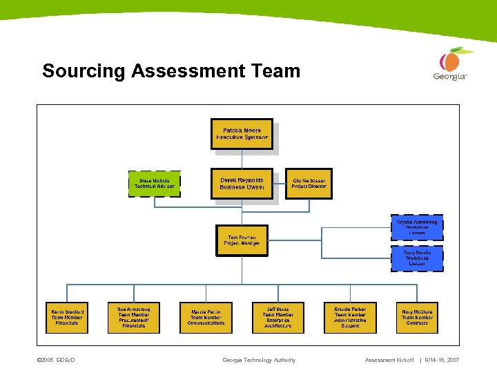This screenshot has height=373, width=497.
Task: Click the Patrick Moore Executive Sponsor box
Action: coord(242,133)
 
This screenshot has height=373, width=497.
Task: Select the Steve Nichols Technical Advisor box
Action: coord(155,183)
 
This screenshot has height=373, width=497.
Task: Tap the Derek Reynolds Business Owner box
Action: coord(242,183)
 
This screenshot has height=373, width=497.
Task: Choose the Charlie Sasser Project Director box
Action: coord(309,183)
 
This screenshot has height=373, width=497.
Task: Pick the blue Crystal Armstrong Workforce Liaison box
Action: coord(417,228)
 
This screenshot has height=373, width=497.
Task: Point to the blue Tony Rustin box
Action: coord(417,258)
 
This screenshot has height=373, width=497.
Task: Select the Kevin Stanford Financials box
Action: coord(68,317)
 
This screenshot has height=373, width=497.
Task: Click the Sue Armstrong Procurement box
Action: coord(134,317)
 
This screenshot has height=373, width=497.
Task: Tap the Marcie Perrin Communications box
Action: coord(206,317)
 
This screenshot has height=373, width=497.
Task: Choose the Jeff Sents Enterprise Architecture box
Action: coord(277,317)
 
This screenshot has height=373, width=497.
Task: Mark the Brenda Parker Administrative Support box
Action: coord(349,317)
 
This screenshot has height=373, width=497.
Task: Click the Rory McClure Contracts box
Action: coord(417,317)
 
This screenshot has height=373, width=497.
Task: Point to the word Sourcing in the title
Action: coord(84,71)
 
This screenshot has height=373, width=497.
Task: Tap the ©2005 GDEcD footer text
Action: coord(56,360)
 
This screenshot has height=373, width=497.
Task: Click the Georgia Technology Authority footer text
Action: coord(259,360)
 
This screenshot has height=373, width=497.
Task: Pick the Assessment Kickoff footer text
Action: coord(390,360)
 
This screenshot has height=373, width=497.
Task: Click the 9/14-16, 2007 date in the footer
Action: coord(442,360)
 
